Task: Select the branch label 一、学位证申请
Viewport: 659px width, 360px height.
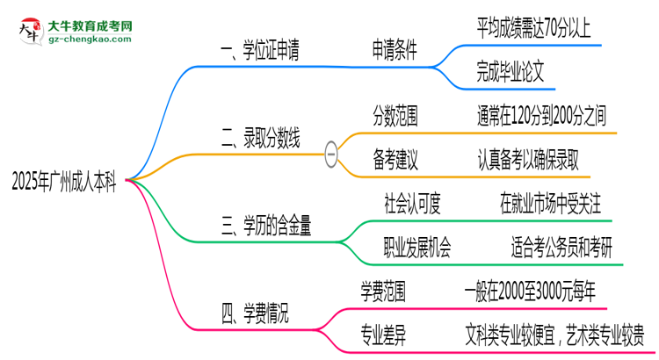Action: [x=260, y=52]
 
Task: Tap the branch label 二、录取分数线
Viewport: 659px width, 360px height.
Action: [x=260, y=138]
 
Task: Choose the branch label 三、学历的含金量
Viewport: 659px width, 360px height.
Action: [x=266, y=227]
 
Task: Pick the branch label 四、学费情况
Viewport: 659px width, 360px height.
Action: [x=254, y=311]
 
